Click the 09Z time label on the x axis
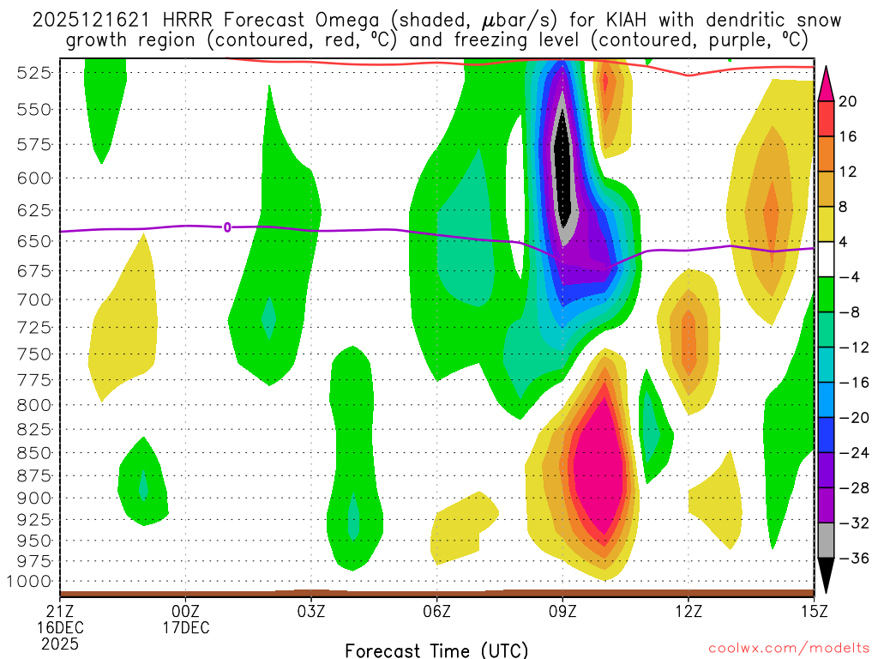pyautogui.click(x=562, y=612)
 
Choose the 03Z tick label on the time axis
pyautogui.click(x=311, y=612)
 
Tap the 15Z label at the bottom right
pyautogui.click(x=813, y=612)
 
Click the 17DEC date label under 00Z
pyautogui.click(x=186, y=627)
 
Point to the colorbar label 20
pyautogui.click(x=847, y=101)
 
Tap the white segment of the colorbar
pyautogui.click(x=827, y=260)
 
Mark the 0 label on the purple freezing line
pyautogui.click(x=227, y=227)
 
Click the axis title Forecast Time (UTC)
pyautogui.click(x=436, y=650)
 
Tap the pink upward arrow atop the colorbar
pyautogui.click(x=827, y=82)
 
